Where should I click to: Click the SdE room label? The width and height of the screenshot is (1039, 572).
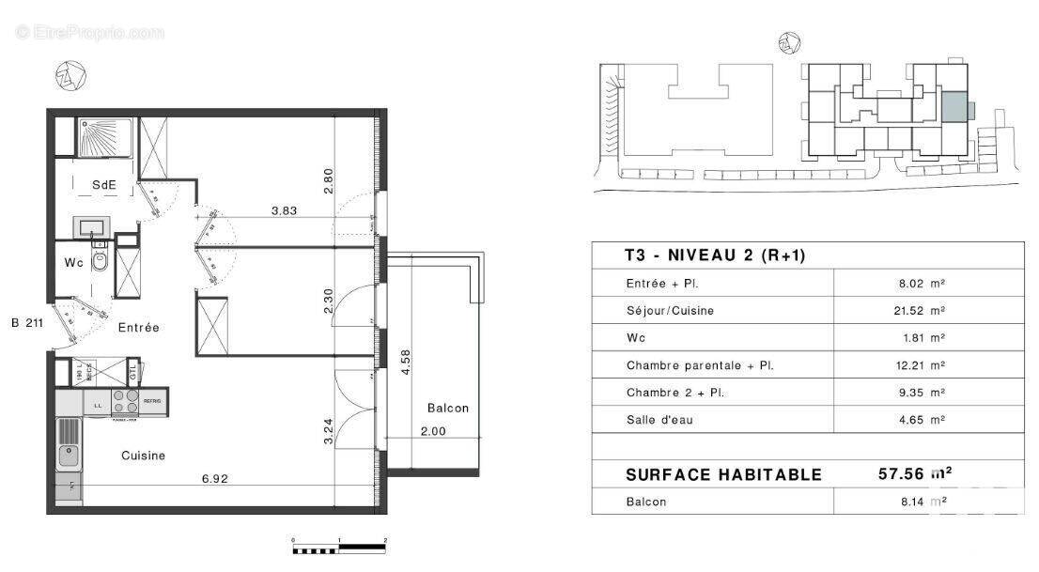(103, 185)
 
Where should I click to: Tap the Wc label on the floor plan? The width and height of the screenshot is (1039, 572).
(74, 263)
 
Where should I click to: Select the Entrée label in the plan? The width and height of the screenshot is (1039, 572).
(138, 328)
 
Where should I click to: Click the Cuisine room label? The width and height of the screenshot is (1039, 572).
(143, 456)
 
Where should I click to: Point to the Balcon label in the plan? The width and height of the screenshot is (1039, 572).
(447, 408)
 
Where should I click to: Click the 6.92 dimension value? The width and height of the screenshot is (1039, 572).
(215, 478)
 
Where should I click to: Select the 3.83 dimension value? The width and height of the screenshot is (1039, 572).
(284, 211)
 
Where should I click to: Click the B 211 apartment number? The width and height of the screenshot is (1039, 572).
(29, 324)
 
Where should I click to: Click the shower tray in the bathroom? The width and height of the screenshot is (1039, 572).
(105, 137)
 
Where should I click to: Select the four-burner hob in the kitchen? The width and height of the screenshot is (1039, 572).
(126, 402)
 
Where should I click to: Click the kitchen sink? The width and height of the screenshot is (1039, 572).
(69, 457)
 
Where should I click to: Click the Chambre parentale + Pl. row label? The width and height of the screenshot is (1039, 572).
(700, 365)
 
